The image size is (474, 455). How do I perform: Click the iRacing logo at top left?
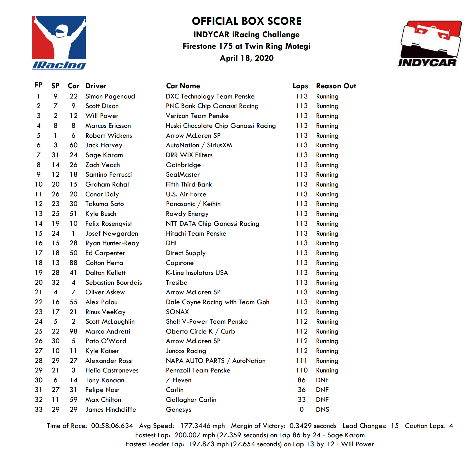tap(59, 43)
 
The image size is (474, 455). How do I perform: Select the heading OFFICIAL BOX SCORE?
tap(247, 21)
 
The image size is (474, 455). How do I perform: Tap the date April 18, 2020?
tap(247, 58)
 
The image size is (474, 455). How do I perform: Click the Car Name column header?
tap(183, 86)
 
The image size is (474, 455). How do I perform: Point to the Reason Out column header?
tap(336, 86)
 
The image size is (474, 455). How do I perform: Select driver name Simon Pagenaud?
tap(110, 96)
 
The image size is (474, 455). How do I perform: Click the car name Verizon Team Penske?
tap(197, 116)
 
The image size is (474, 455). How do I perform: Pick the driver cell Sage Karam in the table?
tap(104, 155)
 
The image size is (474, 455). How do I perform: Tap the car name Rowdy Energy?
tap(187, 214)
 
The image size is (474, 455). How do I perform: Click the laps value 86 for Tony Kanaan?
tap(302, 380)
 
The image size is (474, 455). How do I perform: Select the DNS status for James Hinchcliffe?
tap(322, 410)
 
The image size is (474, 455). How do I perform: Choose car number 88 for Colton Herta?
tap(73, 263)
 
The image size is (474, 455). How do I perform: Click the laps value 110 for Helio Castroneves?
tap(302, 370)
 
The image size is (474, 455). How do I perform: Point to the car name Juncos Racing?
tap(186, 351)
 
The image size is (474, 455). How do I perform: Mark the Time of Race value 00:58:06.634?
tap(112, 426)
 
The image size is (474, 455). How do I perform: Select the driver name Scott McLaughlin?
tap(110, 322)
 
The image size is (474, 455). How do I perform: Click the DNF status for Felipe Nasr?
tap(322, 390)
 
